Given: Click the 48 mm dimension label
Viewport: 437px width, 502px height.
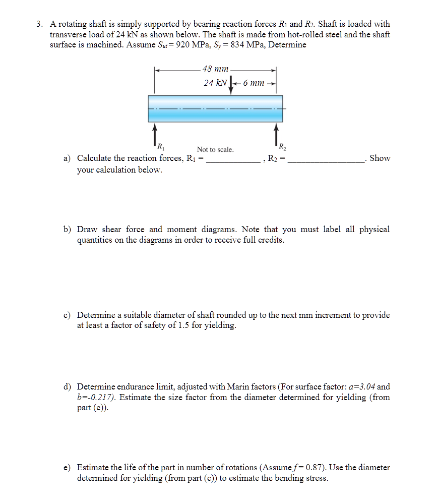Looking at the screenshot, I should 215,69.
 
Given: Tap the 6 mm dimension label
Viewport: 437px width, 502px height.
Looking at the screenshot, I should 254,83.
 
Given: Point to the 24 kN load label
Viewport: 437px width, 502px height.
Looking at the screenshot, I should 215,83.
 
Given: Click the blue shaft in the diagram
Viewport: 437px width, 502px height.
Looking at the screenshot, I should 215,108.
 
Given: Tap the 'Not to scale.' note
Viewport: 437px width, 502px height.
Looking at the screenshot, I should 215,149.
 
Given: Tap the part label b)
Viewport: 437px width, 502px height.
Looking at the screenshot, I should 67,230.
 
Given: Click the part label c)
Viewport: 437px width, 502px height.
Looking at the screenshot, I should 67,315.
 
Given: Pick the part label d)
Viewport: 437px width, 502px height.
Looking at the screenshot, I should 67,387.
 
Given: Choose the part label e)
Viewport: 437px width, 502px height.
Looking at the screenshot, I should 67,468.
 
